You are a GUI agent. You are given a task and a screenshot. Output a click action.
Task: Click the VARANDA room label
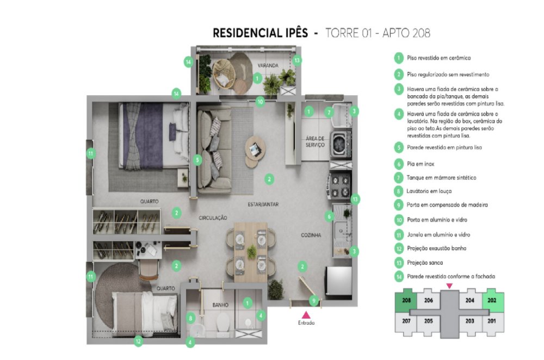coord(268,65)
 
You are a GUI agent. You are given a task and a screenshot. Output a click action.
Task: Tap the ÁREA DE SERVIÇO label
coord(314,141)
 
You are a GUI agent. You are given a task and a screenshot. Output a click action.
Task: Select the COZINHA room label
coord(311,235)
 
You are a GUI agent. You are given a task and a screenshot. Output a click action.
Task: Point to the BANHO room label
coord(220,305)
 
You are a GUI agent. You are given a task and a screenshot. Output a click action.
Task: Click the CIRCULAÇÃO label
coord(213,218)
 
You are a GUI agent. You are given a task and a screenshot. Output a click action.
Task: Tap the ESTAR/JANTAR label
coord(263,204)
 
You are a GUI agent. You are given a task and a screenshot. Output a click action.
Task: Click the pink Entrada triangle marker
coord(306,314)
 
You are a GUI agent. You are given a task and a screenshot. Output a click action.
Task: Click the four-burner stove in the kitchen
coord(341,187)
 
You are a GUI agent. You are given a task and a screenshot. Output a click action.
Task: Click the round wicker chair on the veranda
coord(223,73)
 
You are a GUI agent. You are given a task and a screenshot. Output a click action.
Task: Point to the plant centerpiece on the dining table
coord(252,251)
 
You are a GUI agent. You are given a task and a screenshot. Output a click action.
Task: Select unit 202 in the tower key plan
coord(492,300)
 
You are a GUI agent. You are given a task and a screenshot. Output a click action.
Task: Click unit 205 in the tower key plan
coord(428,321)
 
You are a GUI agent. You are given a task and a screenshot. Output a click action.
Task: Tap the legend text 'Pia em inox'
coord(421,164)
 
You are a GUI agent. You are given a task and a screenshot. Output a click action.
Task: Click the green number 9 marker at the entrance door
coord(314,300)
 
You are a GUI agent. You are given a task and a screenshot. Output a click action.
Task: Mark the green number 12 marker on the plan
coord(138,342)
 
